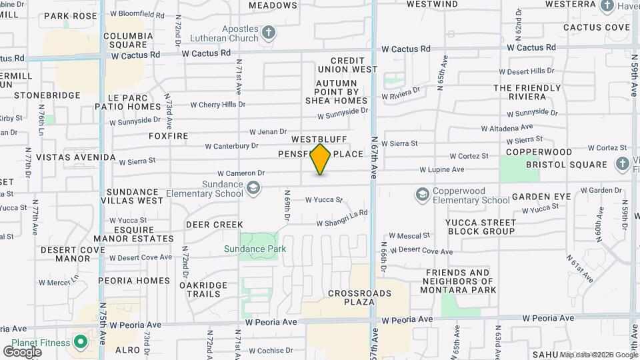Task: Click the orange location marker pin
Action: (x=321, y=159)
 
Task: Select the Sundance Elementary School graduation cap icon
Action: (x=253, y=189)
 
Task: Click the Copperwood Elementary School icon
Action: (x=421, y=195)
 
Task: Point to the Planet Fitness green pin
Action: (x=80, y=343)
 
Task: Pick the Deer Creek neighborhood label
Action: (x=214, y=225)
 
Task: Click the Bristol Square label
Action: (x=566, y=165)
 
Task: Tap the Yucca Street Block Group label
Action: (x=481, y=226)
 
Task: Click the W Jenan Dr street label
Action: (x=268, y=132)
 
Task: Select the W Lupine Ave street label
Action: (x=441, y=170)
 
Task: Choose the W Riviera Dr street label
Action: (x=401, y=93)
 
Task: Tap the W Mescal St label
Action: (x=409, y=235)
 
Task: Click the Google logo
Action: (x=22, y=351)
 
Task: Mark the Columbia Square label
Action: (x=129, y=40)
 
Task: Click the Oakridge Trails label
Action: (x=199, y=289)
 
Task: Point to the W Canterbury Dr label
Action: (x=231, y=145)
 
